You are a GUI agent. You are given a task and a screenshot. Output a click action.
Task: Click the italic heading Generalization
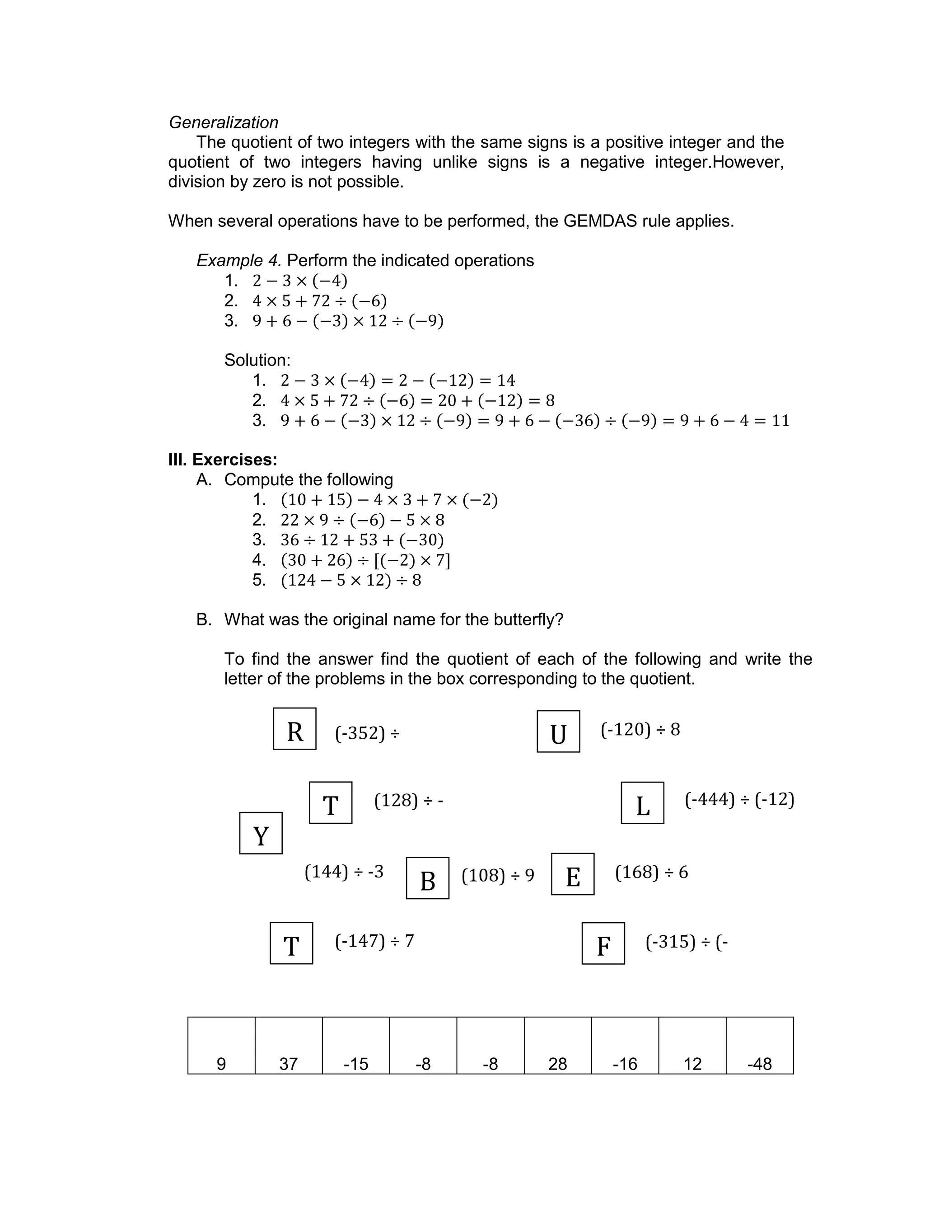tap(224, 122)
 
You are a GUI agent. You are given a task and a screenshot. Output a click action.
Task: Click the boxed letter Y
tap(261, 833)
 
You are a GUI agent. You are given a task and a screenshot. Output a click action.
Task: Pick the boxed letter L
tap(643, 803)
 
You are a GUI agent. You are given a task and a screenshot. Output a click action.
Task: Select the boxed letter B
tap(428, 878)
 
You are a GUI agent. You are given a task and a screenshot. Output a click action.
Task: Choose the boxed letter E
tap(573, 874)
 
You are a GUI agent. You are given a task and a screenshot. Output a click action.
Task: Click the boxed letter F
tap(603, 944)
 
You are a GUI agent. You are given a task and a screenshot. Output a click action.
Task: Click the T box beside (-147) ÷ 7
tap(291, 944)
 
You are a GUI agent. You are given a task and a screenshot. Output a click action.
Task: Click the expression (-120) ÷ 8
tap(640, 730)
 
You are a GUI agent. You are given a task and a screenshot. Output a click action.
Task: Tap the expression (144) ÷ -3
tap(344, 872)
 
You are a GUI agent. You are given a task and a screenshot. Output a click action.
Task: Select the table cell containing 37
tap(289, 1046)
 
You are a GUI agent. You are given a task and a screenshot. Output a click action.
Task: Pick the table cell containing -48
tap(760, 1046)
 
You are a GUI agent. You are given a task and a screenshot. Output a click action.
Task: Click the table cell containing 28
tap(558, 1046)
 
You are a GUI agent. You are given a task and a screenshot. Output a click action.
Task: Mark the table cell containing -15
tap(356, 1046)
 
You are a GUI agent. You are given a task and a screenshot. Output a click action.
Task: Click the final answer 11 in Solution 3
tap(781, 421)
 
